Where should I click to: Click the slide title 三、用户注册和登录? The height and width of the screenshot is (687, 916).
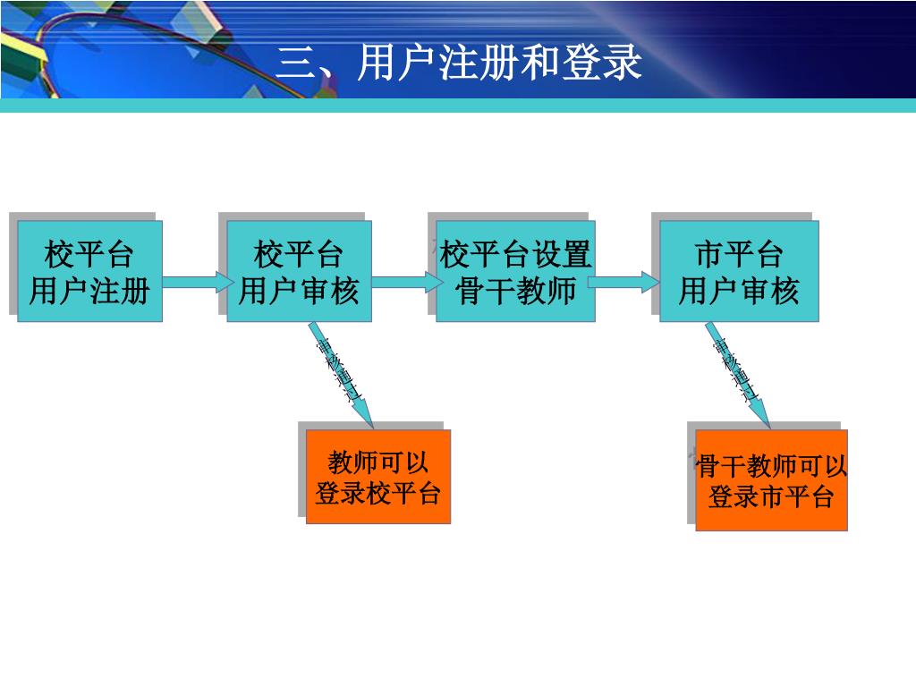(x=459, y=63)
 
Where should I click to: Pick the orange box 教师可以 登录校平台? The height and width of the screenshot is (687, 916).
(x=377, y=477)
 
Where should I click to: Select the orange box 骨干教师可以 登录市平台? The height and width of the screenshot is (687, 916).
(x=771, y=480)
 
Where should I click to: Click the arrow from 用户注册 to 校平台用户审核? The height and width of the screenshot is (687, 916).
(x=195, y=283)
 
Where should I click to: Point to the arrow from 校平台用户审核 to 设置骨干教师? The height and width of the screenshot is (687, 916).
(x=404, y=283)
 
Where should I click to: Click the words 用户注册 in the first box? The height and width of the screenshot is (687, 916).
(x=89, y=291)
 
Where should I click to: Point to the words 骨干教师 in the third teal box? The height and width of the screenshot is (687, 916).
(x=515, y=291)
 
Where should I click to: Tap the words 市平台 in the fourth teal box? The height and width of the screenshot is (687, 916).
(x=739, y=255)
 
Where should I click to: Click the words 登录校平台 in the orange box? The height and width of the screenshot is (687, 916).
(x=377, y=493)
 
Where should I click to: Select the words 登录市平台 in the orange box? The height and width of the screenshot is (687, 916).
(x=771, y=496)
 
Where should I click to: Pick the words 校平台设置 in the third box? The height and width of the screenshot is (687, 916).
(x=515, y=255)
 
